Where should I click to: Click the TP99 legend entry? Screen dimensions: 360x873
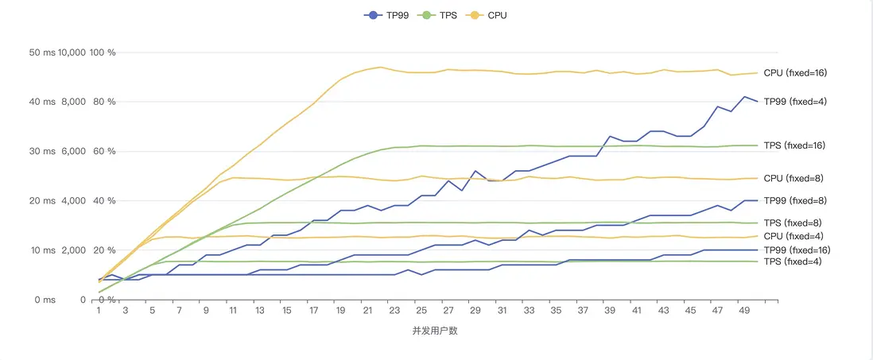point(387,15)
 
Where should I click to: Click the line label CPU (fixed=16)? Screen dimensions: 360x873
point(795,72)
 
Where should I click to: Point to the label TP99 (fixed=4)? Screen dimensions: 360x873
point(795,102)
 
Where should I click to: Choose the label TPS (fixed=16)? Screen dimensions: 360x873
point(794,145)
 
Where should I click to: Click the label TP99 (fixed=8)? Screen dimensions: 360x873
point(795,200)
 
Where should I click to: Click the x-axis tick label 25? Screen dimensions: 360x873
point(421,311)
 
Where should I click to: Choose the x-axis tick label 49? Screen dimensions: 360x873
point(744,311)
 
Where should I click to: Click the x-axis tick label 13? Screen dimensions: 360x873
point(260,311)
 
